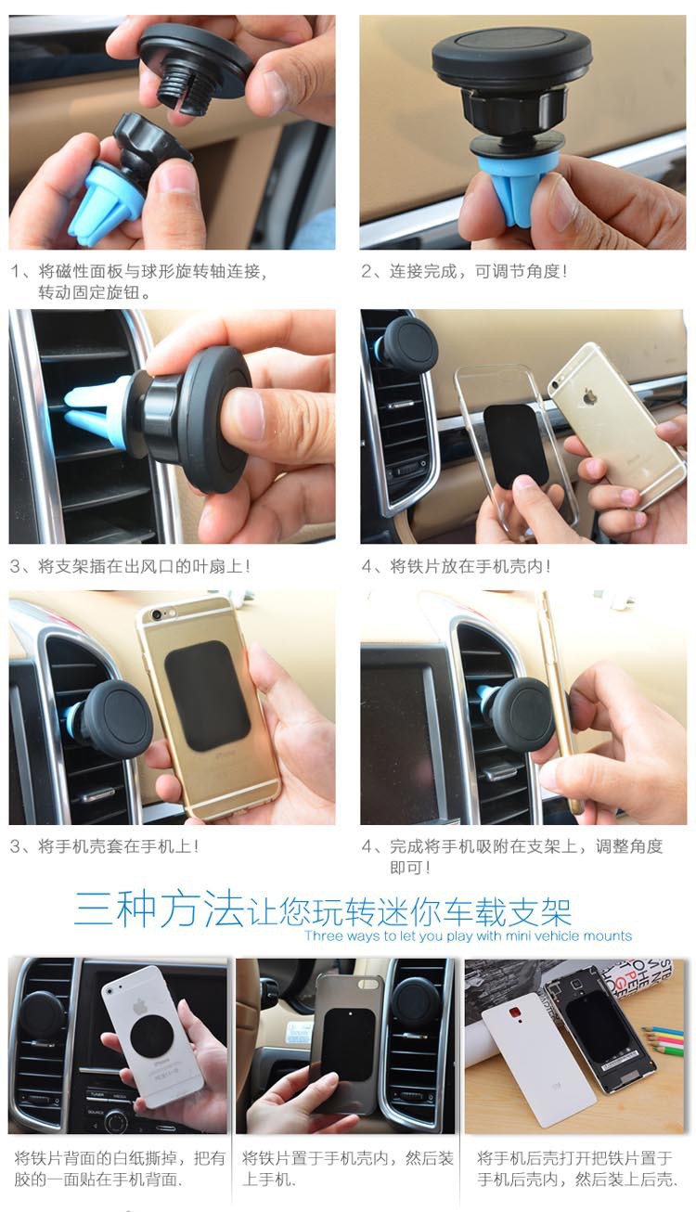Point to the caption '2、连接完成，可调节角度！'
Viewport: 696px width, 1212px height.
pyautogui.click(x=463, y=272)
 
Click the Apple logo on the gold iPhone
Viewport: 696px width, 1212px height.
pyautogui.click(x=590, y=397)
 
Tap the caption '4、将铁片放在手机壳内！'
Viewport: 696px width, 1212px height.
pyautogui.click(x=456, y=566)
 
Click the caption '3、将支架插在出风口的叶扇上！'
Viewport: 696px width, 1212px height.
pyautogui.click(x=130, y=566)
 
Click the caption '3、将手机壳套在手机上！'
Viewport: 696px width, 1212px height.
pyautogui.click(x=104, y=846)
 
